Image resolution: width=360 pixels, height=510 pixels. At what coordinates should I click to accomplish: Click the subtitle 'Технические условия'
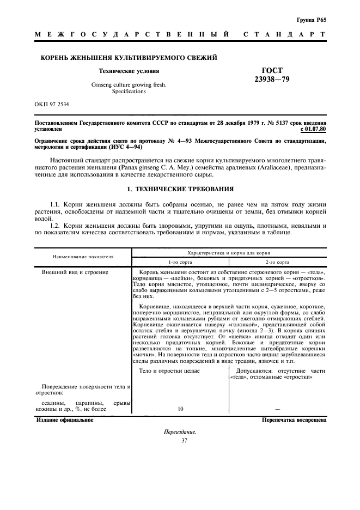coord(129,71)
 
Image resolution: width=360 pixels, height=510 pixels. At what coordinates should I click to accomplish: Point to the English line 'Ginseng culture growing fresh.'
coord(129,85)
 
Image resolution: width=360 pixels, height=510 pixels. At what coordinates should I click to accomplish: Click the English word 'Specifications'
coord(129,92)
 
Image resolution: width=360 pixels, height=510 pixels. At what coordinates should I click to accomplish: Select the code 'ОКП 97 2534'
coord(55,104)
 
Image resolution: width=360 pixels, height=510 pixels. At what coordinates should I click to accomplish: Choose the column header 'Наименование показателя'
coord(83,256)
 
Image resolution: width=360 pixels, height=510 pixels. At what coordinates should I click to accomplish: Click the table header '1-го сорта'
coord(180,262)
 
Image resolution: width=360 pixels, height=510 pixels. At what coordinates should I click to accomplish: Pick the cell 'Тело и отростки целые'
coord(169,371)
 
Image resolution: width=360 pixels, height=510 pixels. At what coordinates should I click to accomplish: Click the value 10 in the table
coord(180,408)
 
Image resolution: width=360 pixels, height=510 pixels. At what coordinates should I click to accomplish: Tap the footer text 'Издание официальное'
coord(65,420)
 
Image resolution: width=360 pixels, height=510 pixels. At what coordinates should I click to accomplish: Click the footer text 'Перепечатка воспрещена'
coord(294,420)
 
